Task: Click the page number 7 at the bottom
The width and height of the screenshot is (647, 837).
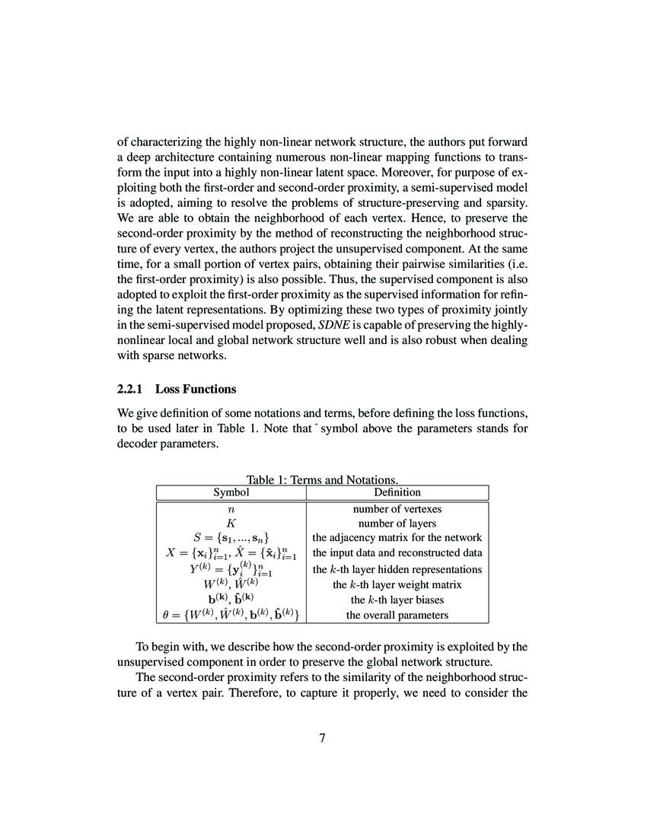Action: tap(323, 737)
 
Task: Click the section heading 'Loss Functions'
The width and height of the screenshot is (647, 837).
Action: tap(196, 389)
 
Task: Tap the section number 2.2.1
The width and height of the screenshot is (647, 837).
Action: tap(132, 389)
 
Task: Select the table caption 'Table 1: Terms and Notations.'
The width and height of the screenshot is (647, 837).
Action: tap(323, 479)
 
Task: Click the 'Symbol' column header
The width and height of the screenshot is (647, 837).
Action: tap(231, 492)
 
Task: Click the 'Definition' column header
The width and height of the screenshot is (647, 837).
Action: tap(397, 492)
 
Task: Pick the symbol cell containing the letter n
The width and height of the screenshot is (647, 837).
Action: tap(231, 509)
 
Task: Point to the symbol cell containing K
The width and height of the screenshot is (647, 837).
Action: tap(231, 524)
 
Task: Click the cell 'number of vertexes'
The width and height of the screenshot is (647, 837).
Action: tap(397, 509)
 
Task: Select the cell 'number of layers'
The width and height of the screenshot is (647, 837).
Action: tap(397, 524)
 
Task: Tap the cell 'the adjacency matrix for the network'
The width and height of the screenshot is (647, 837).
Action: tap(397, 538)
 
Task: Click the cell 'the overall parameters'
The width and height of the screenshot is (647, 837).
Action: tap(397, 615)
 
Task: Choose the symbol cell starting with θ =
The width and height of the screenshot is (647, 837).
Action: tap(231, 615)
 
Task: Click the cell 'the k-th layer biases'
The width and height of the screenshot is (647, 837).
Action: tap(397, 600)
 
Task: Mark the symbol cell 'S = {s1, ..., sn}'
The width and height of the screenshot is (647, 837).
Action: tap(231, 538)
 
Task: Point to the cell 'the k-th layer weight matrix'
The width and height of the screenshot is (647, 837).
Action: tap(397, 584)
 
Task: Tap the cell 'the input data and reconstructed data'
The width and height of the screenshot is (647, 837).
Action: tap(397, 553)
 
